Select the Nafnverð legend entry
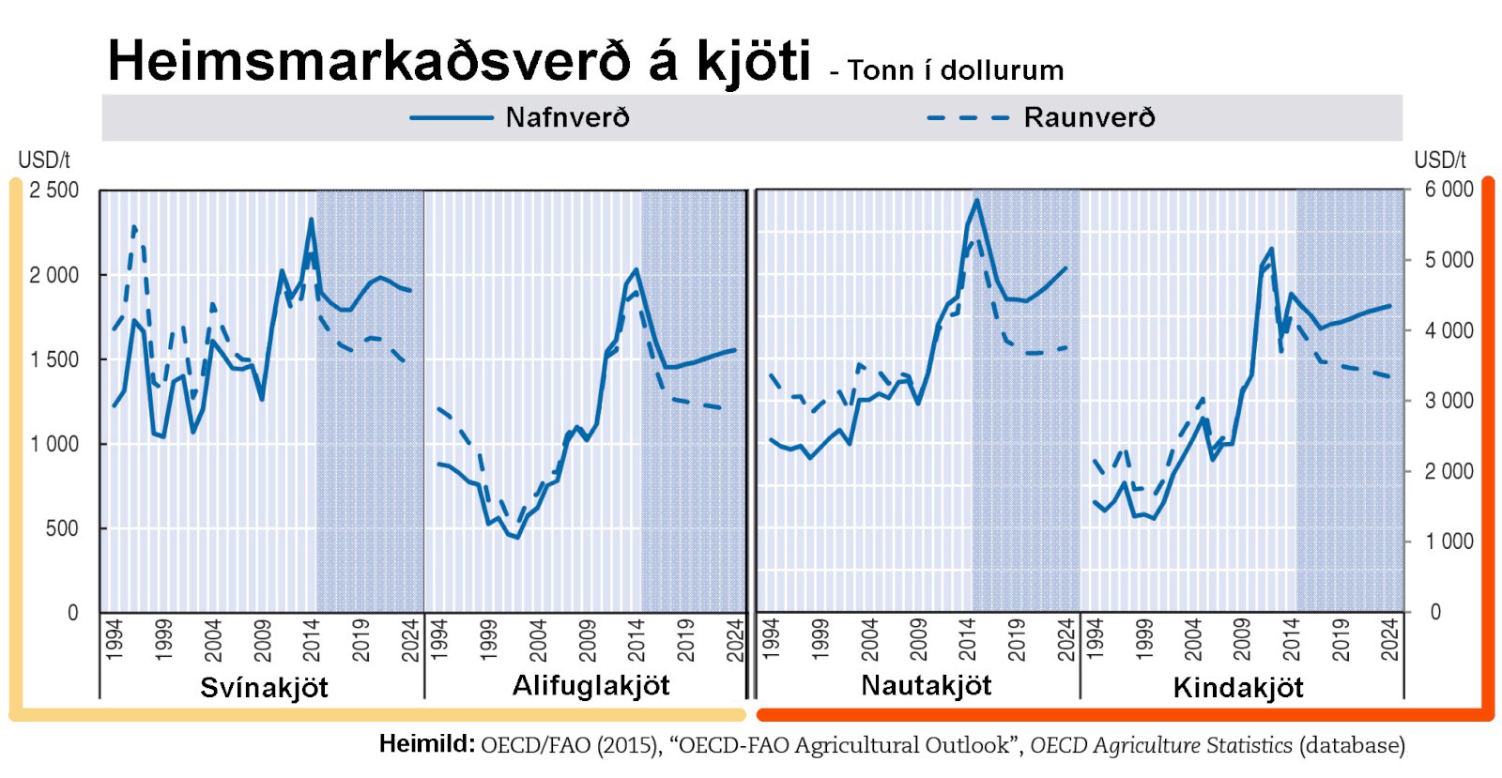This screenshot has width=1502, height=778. [x=567, y=117]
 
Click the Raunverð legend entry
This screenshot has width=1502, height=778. [x=1089, y=117]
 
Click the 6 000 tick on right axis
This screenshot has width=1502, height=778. [x=1448, y=190]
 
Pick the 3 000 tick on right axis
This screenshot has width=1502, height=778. [x=1448, y=401]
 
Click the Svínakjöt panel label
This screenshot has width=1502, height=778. [x=264, y=688]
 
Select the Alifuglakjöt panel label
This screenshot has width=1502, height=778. [x=590, y=686]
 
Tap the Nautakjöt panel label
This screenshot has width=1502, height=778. [x=926, y=686]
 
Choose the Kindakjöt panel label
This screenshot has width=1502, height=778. [x=1237, y=688]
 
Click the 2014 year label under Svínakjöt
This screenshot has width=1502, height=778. [x=312, y=639]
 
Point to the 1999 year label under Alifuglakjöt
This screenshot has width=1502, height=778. [x=488, y=639]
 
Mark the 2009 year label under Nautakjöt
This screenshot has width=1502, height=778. [x=918, y=639]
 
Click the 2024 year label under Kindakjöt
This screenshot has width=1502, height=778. [x=1389, y=639]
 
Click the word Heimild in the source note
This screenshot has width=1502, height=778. [x=426, y=744]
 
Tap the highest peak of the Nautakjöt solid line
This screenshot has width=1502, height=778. [x=976, y=200]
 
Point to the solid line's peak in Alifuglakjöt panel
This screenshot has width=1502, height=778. [x=636, y=270]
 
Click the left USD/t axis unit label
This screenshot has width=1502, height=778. [x=44, y=160]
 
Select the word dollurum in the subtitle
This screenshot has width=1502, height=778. [x=1002, y=70]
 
